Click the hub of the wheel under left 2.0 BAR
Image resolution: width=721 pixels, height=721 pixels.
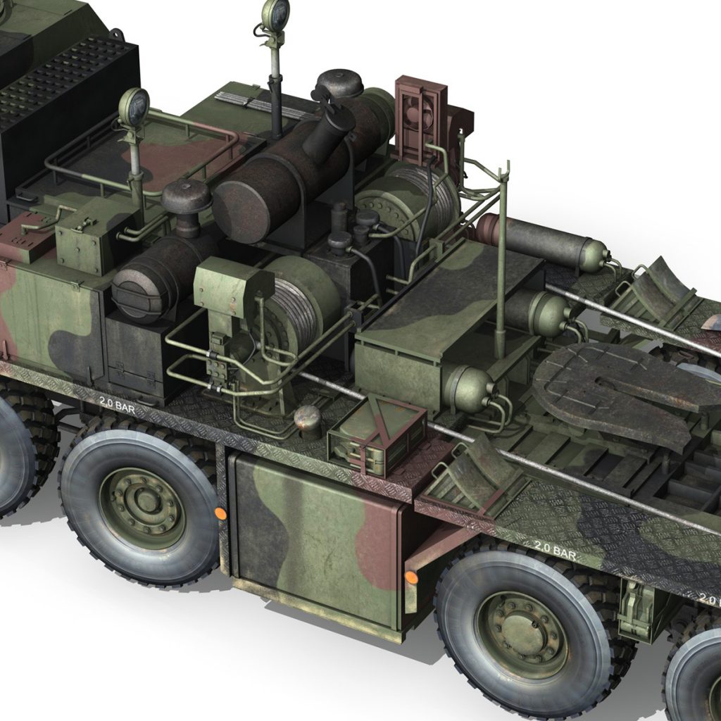pyautogui.click(x=145, y=501)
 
